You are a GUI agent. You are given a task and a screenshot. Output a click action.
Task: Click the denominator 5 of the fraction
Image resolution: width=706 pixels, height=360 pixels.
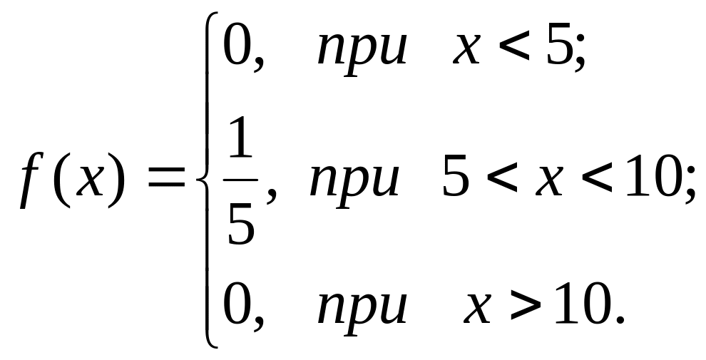tap(240, 223)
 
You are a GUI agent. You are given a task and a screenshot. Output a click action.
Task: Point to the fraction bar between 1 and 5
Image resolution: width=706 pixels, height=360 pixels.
tap(240, 181)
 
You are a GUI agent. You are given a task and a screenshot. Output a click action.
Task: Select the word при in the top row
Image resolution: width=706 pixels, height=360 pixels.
tap(363, 53)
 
